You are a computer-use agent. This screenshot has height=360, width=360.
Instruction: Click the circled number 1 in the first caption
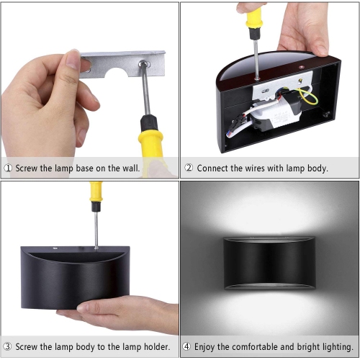pos(8,168)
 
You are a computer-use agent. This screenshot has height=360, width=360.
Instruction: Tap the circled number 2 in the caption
pos(189,168)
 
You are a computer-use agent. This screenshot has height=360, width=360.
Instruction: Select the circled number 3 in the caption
pos(8,347)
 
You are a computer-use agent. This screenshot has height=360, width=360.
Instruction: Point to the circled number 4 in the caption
pos(189,347)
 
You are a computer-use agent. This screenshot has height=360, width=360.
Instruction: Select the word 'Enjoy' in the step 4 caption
pos(210,347)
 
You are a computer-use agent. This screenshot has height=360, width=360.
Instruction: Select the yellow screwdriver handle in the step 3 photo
pos(95,192)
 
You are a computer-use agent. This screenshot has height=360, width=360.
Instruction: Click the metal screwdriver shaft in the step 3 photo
pos(96,227)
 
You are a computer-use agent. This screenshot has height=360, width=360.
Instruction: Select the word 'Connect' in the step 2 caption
pos(215,168)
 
